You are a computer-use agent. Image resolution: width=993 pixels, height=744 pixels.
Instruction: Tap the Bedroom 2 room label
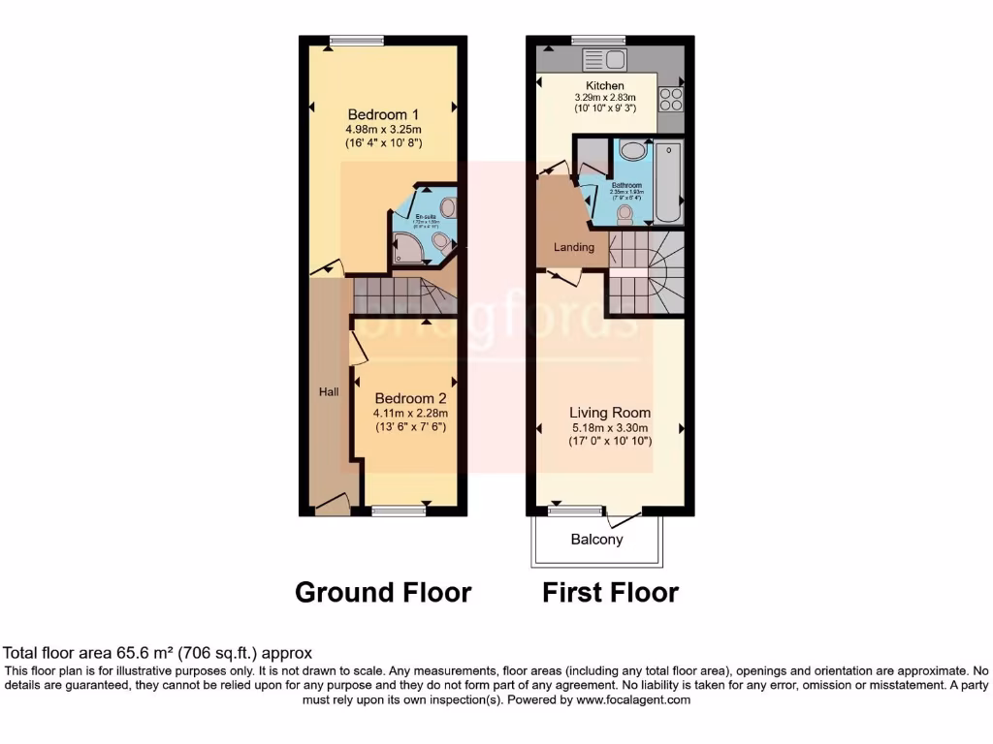[410, 398]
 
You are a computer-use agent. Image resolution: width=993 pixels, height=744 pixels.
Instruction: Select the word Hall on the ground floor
[330, 392]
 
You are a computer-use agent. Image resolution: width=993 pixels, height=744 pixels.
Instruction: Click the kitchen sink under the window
[603, 60]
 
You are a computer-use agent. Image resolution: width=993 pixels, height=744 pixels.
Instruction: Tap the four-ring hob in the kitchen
[670, 100]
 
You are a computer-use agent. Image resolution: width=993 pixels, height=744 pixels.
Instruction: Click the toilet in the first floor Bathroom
[625, 216]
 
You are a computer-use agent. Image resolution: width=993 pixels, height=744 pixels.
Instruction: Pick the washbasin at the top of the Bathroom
[632, 151]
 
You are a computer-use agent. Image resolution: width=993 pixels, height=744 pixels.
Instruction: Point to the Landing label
[574, 247]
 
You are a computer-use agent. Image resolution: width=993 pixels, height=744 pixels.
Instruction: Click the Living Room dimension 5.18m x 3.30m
[610, 427]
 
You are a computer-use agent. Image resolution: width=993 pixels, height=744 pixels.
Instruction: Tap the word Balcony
[596, 540]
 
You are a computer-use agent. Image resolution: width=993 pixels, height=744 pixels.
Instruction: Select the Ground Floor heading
[383, 592]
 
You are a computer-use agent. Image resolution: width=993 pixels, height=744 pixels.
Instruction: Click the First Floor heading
[610, 592]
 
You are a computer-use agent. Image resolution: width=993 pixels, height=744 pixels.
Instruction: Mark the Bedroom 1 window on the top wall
[356, 40]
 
